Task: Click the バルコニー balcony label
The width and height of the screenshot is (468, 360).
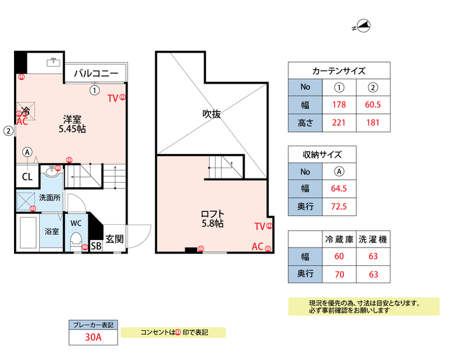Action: click(x=96, y=73)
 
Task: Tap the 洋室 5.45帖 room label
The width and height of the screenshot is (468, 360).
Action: click(x=72, y=124)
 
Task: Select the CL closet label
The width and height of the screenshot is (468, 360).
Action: click(x=27, y=177)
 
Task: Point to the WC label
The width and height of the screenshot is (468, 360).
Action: click(x=76, y=223)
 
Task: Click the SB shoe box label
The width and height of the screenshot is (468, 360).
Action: click(x=96, y=246)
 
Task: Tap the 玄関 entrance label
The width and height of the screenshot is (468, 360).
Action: click(x=114, y=239)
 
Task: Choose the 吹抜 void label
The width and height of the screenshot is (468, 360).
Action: click(x=211, y=114)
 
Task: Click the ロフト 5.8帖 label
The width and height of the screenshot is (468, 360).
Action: click(x=212, y=219)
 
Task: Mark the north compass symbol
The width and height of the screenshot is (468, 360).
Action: click(x=362, y=26)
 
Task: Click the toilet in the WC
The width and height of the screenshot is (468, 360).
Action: click(x=76, y=242)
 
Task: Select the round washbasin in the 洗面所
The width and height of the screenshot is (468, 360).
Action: click(x=52, y=172)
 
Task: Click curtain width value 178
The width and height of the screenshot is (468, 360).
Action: click(x=339, y=105)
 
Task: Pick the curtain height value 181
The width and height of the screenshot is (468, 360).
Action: click(x=373, y=123)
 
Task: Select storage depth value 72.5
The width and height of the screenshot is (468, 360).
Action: click(x=339, y=207)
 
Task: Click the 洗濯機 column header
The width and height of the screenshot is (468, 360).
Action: click(x=373, y=239)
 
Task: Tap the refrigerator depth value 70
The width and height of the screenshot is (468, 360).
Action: click(x=339, y=275)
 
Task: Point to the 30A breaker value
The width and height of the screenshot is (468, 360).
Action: click(x=93, y=337)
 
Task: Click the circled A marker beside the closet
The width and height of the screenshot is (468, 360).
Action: click(x=27, y=152)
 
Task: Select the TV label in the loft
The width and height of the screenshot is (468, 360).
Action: click(x=260, y=227)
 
